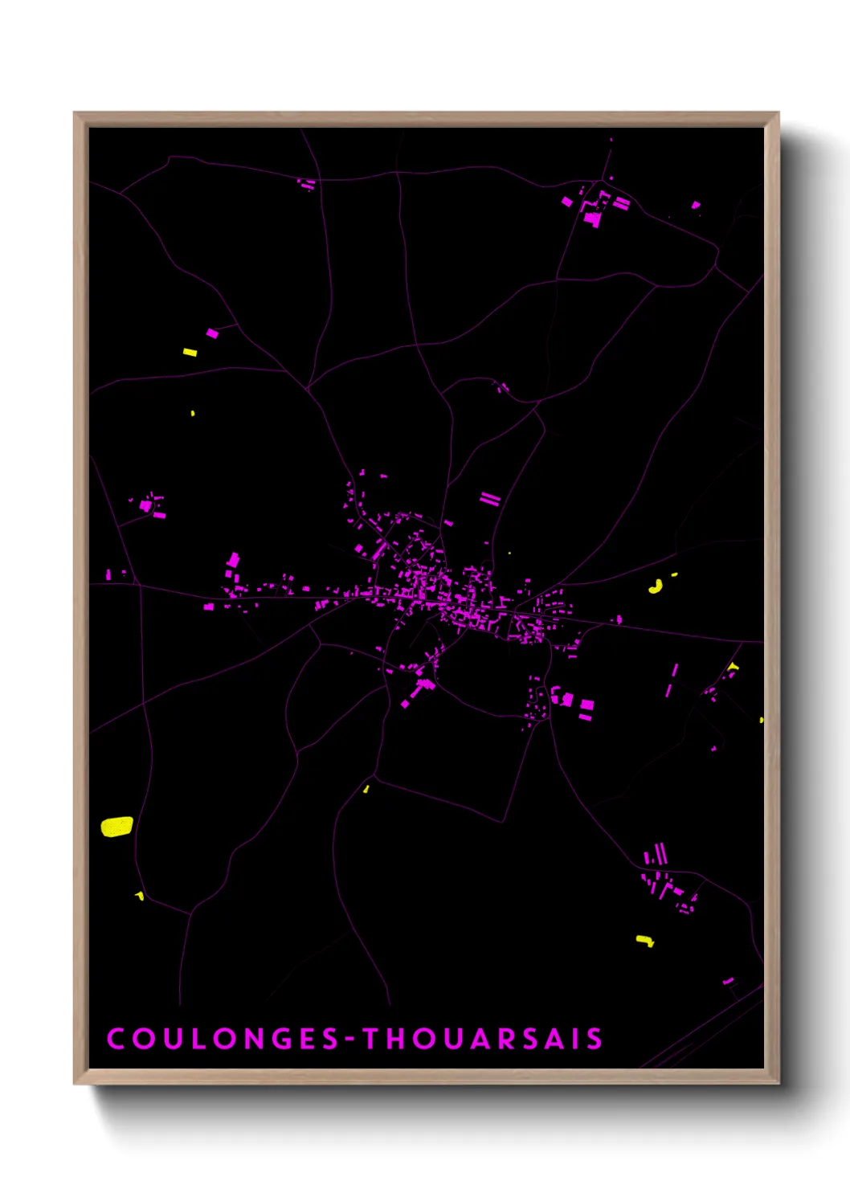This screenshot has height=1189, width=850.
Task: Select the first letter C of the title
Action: pos(116,1039)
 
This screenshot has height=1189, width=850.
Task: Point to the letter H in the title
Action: pos(398,1039)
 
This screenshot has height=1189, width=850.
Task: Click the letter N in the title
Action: pos(247,1039)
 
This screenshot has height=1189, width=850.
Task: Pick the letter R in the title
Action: pos(505,1039)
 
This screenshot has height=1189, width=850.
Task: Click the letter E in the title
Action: pos(304,1039)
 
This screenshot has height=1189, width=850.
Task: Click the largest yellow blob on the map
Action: pos(116,827)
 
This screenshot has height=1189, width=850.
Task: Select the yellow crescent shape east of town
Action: pos(656,586)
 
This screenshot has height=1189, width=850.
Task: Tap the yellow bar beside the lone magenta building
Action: pos(190,352)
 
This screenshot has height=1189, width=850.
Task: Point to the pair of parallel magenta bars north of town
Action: pos(490,499)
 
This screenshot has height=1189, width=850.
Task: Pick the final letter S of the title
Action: pos(595,1039)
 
